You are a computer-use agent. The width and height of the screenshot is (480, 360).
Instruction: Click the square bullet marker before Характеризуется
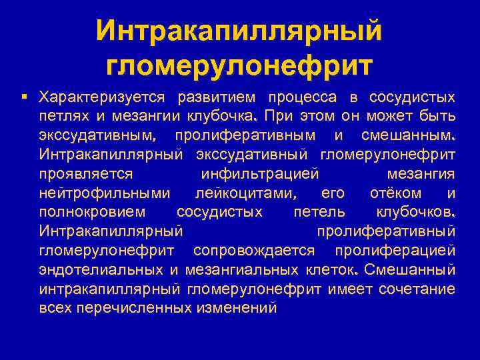point(25,97)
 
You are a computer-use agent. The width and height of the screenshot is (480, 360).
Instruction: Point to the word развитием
point(217,98)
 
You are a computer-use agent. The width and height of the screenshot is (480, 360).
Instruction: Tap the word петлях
point(63,117)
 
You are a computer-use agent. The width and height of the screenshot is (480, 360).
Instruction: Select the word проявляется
point(87,175)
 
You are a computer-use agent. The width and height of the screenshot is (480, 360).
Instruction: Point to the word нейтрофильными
point(105,194)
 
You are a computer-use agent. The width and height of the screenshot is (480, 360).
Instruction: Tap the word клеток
point(331,271)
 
